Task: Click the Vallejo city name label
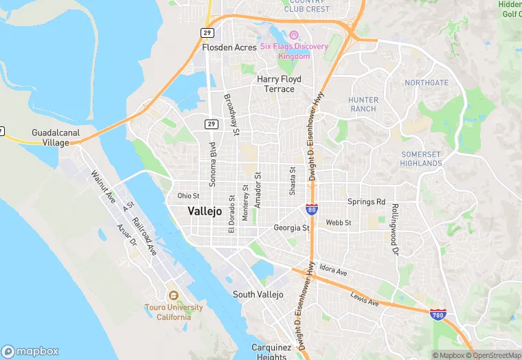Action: pyautogui.click(x=205, y=212)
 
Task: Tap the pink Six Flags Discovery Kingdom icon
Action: pyautogui.click(x=294, y=35)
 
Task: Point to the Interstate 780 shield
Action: pyautogui.click(x=437, y=314)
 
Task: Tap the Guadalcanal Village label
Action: pyautogui.click(x=51, y=137)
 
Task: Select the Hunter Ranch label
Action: pyautogui.click(x=363, y=104)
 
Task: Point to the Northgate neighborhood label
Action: pyautogui.click(x=427, y=82)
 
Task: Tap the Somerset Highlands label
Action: pyautogui.click(x=422, y=159)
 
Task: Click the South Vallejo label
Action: pyautogui.click(x=258, y=294)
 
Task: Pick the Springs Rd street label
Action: pyautogui.click(x=366, y=202)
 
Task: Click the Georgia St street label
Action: pyautogui.click(x=292, y=227)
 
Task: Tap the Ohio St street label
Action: pyautogui.click(x=188, y=195)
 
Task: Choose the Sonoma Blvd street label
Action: pyautogui.click(x=212, y=156)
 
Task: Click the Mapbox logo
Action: pyautogui.click(x=31, y=350)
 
